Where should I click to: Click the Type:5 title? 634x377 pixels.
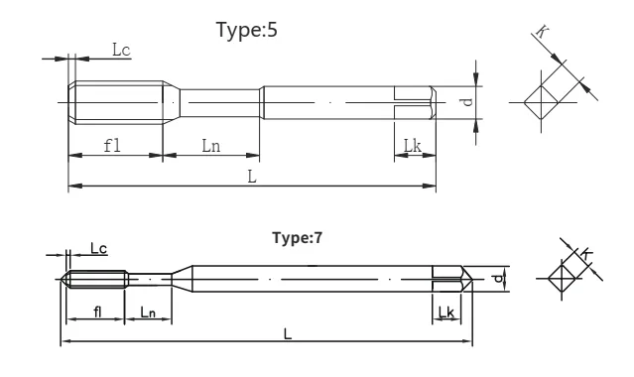[247, 30]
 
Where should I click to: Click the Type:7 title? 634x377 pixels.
[298, 238]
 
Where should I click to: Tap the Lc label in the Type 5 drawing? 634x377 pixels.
[121, 51]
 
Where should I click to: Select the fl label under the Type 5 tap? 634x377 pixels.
[112, 145]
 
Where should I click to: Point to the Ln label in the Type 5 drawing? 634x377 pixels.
[211, 145]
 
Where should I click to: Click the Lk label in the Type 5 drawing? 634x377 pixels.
[413, 145]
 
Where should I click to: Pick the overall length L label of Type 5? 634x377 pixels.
[252, 177]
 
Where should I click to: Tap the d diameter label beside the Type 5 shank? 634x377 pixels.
[467, 101]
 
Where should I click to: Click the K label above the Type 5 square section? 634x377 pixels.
[542, 31]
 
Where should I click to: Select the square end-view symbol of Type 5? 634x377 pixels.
[542, 102]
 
